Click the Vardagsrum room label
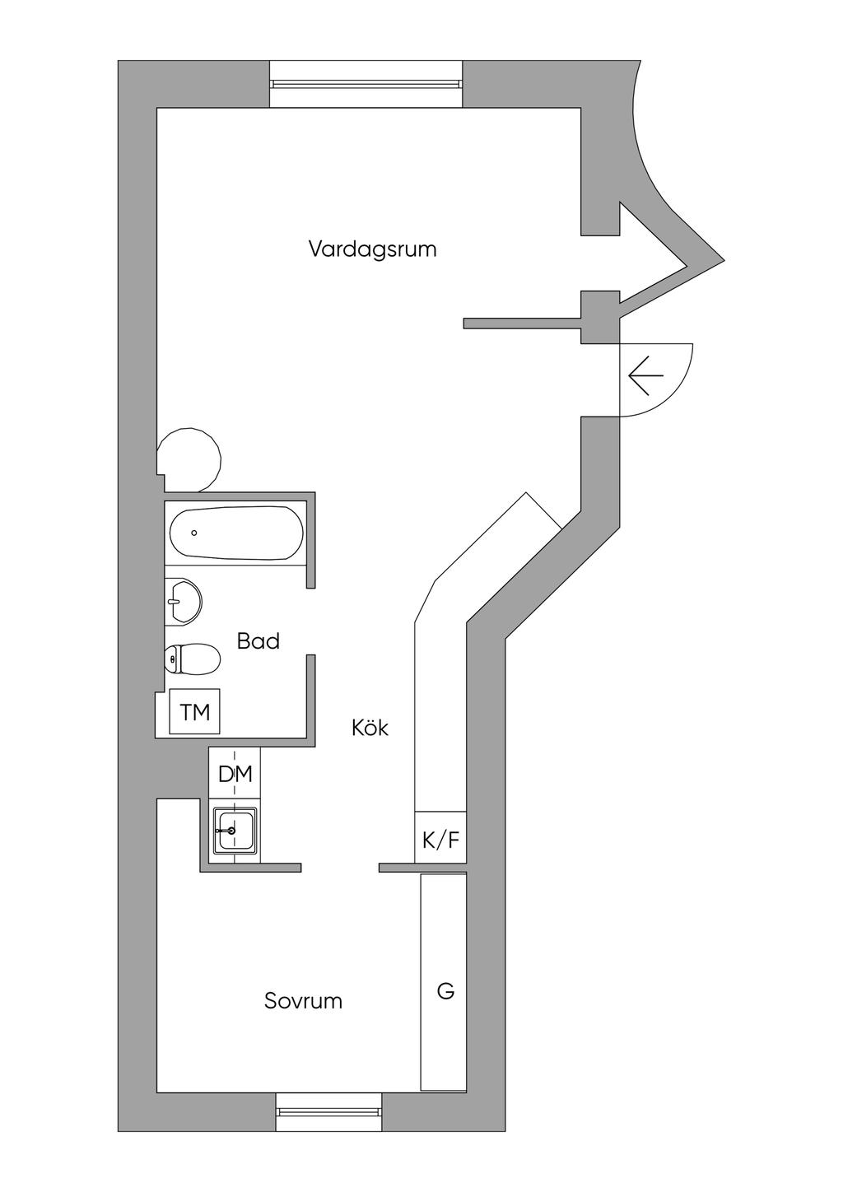[372, 249]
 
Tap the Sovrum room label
[303, 1001]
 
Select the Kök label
[370, 728]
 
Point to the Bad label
[258, 641]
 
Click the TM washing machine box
[195, 712]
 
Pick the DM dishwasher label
[235, 774]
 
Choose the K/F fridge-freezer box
[440, 839]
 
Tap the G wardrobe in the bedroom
[445, 990]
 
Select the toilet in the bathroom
[193, 659]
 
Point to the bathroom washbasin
[183, 600]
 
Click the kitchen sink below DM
[235, 831]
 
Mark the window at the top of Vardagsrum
[366, 84]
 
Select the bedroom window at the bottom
[329, 1111]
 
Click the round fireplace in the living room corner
[190, 459]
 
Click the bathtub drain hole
[194, 533]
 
